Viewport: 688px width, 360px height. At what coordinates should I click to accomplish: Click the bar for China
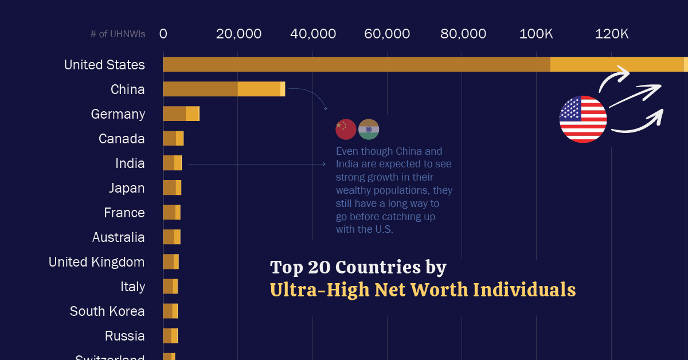224,89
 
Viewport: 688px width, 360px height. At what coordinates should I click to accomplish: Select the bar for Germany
181,114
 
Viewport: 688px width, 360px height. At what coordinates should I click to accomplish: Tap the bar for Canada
173,138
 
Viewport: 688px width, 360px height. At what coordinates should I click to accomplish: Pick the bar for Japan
172,187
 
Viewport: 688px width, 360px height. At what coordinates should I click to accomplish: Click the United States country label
104,65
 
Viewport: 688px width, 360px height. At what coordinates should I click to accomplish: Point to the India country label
130,163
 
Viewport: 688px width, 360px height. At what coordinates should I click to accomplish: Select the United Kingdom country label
97,262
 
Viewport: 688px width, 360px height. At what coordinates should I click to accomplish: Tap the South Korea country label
107,311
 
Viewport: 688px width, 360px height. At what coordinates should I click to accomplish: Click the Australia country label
119,237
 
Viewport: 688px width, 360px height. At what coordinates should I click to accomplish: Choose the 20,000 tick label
239,34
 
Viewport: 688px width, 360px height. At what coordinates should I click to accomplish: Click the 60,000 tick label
387,34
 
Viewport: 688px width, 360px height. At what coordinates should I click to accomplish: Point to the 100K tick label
536,34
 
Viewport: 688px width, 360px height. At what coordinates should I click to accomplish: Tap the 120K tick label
612,34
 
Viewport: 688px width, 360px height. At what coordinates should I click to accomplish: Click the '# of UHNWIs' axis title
118,34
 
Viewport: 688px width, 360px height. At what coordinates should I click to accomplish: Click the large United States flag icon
583,119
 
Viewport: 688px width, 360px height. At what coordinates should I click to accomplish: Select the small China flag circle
346,130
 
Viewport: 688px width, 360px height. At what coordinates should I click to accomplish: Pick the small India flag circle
369,130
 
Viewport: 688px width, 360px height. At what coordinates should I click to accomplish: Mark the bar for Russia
170,335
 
